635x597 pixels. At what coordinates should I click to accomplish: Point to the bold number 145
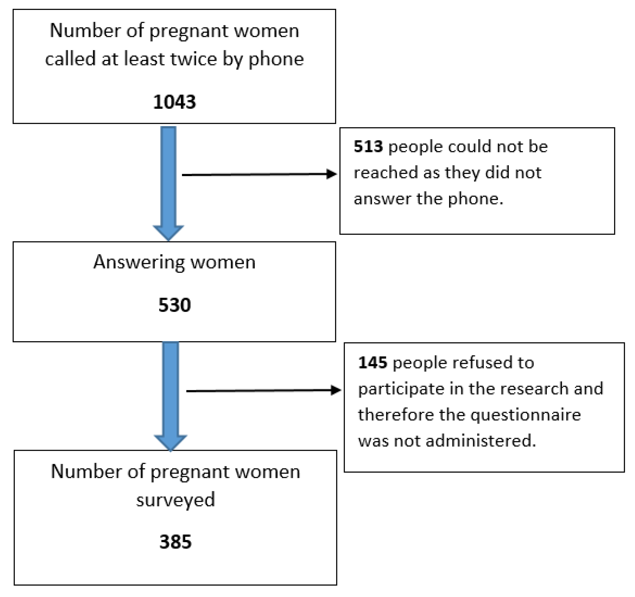[372, 363]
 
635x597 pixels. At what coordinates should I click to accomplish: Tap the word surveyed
[175, 500]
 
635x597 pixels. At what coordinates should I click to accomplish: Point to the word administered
[481, 441]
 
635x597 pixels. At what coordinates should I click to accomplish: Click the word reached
[386, 173]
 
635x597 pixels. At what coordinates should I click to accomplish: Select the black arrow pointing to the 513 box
[259, 175]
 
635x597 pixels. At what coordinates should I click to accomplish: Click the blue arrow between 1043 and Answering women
[168, 182]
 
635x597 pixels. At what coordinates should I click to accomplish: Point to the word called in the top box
[70, 59]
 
